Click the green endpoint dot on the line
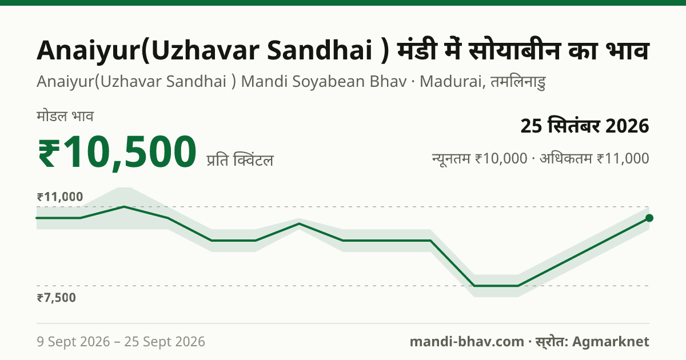click(x=649, y=218)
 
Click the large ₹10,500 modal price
click(x=117, y=152)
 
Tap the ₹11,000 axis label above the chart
click(x=60, y=197)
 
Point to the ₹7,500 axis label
click(x=57, y=298)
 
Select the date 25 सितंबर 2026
click(x=585, y=126)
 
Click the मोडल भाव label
click(x=65, y=117)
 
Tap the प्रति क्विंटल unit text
click(x=240, y=160)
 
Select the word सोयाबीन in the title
click(x=514, y=50)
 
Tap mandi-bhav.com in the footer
click(x=466, y=342)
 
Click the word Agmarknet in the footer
click(x=611, y=342)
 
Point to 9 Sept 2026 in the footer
click(x=73, y=342)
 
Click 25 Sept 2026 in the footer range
click(x=165, y=342)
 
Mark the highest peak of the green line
click(x=124, y=207)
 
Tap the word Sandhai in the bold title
click(x=320, y=50)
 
